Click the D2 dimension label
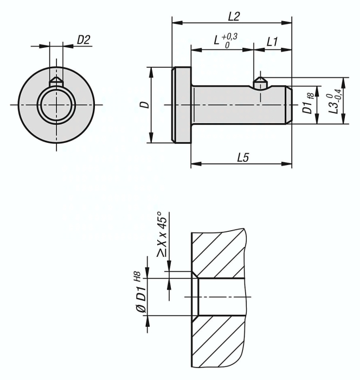(83, 40)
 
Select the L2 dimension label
(234, 16)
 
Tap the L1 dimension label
(272, 41)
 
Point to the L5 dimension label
(242, 157)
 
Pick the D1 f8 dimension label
(308, 104)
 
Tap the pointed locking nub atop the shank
(261, 81)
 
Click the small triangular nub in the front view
(55, 80)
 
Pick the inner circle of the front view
(55, 103)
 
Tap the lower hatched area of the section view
(220, 342)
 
